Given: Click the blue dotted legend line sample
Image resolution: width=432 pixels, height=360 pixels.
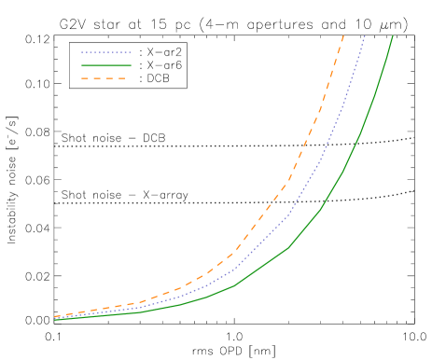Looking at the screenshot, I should click(105, 53).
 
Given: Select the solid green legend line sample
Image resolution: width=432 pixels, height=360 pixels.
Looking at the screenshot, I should click(105, 66).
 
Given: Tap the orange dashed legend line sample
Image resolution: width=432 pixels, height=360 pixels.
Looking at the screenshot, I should click(104, 79).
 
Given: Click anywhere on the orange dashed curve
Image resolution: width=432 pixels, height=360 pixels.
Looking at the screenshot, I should click(286, 186).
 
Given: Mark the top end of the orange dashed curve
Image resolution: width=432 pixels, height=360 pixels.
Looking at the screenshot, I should click(343, 36).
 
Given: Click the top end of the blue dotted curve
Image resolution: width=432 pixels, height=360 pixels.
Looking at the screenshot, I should click(365, 36).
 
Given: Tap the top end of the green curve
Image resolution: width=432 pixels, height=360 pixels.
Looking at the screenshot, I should click(393, 36).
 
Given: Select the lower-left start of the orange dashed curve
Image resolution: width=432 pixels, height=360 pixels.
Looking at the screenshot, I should click(55, 316).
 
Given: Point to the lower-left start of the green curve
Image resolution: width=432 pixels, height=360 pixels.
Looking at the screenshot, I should click(55, 320).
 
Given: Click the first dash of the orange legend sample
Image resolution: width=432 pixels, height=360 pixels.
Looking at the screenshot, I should click(85, 79).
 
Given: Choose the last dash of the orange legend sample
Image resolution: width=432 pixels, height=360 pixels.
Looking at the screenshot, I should click(121, 79).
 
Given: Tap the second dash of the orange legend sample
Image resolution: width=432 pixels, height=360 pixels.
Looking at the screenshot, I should click(97, 79).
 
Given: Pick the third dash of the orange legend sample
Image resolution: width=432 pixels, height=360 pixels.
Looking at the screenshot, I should click(109, 79).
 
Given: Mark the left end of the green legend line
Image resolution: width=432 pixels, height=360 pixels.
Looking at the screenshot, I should click(82, 66).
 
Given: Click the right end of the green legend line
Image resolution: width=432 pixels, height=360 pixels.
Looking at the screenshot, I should click(130, 66).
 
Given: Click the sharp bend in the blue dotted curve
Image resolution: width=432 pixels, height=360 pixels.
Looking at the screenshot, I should click(289, 215).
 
